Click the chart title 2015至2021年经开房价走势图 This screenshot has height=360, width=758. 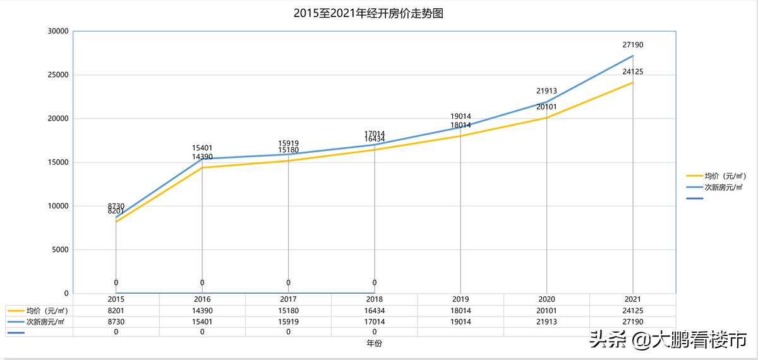click(368, 13)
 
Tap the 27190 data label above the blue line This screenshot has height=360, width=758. click(632, 45)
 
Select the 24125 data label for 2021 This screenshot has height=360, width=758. click(632, 72)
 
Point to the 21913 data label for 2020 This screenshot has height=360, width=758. click(546, 92)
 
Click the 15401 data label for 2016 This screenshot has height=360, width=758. click(202, 148)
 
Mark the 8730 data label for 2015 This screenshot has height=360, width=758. click(116, 206)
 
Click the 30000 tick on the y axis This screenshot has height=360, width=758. click(57, 31)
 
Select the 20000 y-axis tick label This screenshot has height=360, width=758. click(57, 119)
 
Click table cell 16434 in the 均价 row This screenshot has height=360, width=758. click(375, 311)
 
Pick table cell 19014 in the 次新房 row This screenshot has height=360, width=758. click(460, 321)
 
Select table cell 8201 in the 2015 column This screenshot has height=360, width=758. click(116, 311)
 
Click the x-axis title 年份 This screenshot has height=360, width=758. click(374, 344)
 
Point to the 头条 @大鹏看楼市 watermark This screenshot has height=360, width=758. click(668, 340)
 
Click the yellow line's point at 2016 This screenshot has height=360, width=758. click(202, 167)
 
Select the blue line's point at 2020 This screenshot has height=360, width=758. click(546, 102)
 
